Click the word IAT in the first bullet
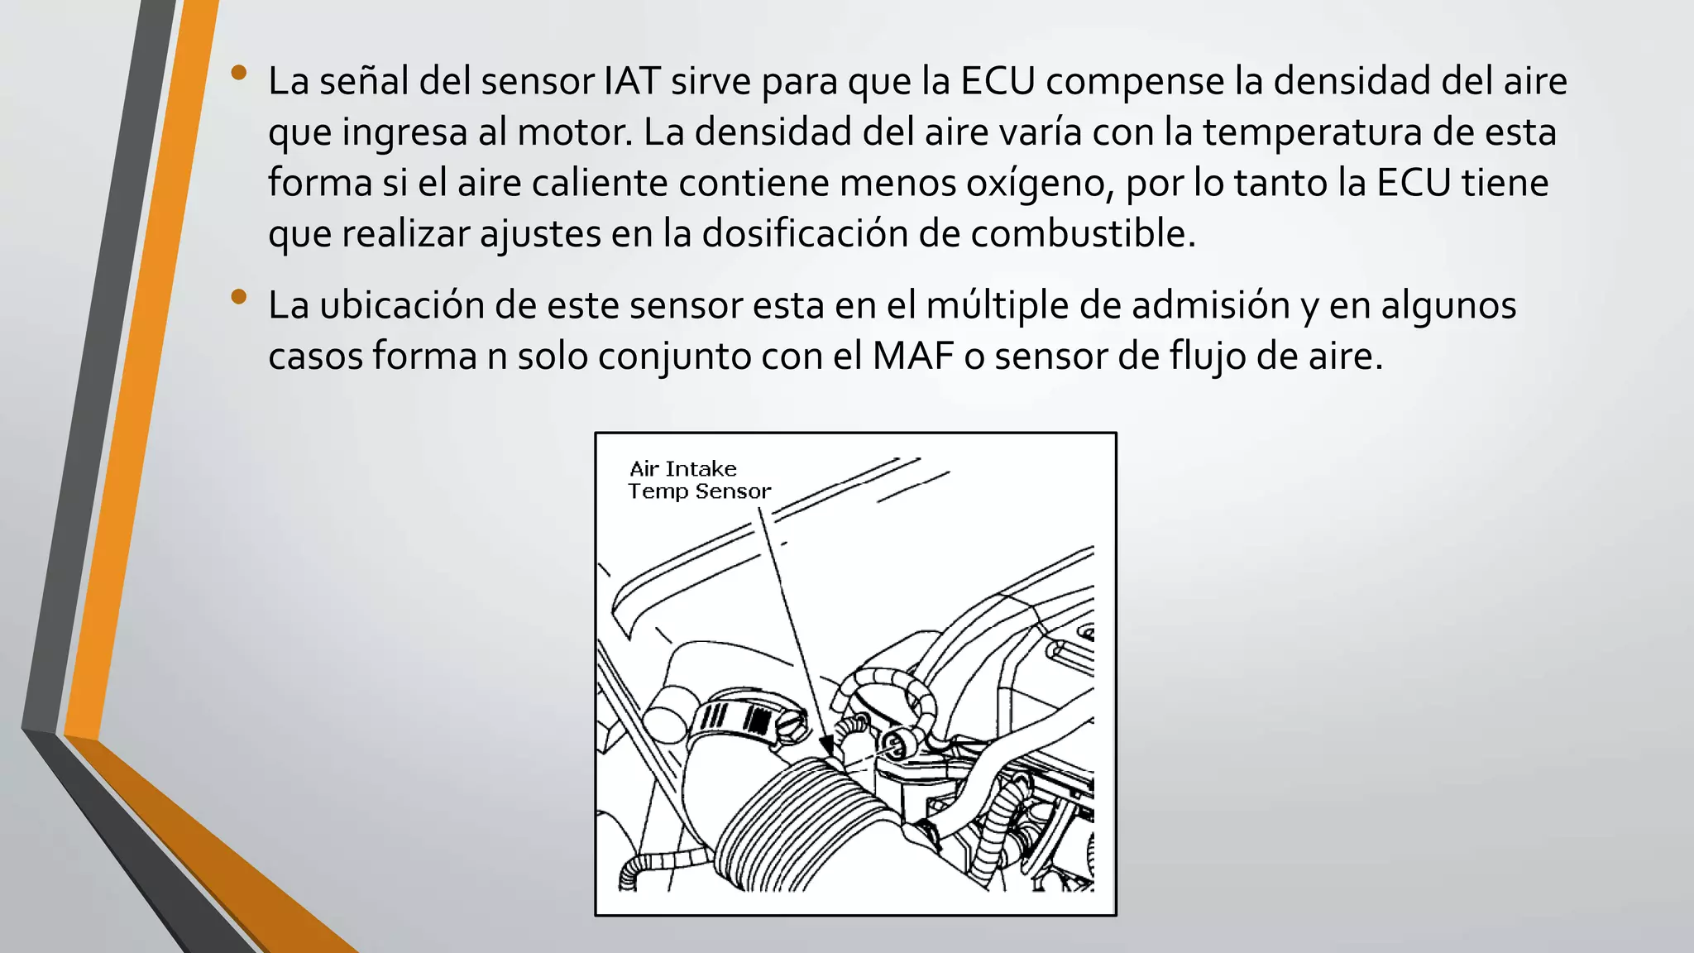(632, 81)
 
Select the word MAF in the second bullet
(912, 357)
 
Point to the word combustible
(1082, 234)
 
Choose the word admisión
(1210, 305)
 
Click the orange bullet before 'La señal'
(239, 73)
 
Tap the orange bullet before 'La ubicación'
(239, 297)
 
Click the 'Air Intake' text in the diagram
(682, 469)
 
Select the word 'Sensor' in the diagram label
(733, 491)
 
